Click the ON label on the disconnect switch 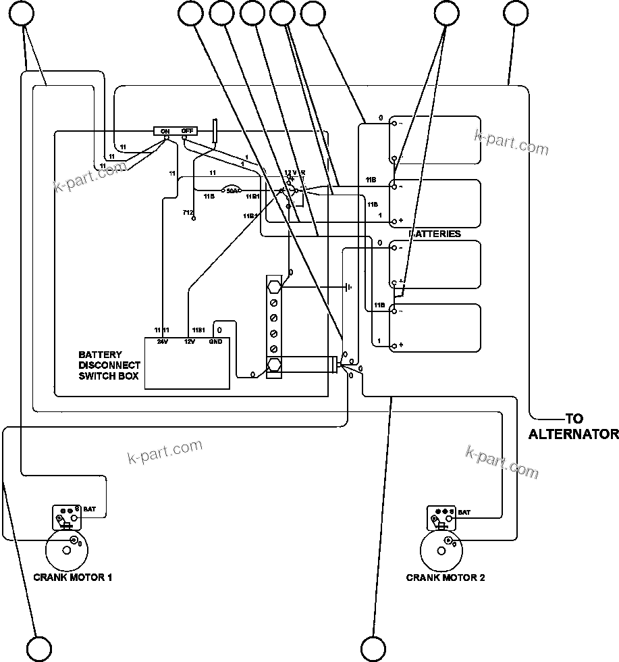(x=165, y=131)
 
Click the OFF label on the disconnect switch (x=187, y=131)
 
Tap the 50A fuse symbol (x=231, y=190)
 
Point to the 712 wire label (x=188, y=213)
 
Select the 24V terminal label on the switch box (x=162, y=342)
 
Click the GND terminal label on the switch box (x=215, y=342)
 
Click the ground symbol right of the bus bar (x=348, y=287)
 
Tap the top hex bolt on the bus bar (x=275, y=287)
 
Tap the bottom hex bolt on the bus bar (x=275, y=365)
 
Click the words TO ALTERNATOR (x=572, y=427)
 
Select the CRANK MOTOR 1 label (x=73, y=578)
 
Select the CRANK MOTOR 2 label (x=446, y=578)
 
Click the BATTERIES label (x=435, y=234)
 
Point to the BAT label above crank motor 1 (x=89, y=509)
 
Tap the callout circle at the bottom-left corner (x=38, y=648)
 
